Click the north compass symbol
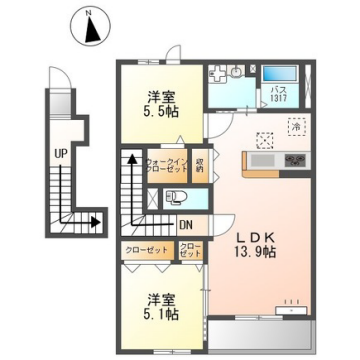coord(90,26)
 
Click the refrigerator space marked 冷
coord(296,127)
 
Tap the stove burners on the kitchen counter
coord(295,160)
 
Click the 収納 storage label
coord(199,165)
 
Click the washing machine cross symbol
coord(217,73)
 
